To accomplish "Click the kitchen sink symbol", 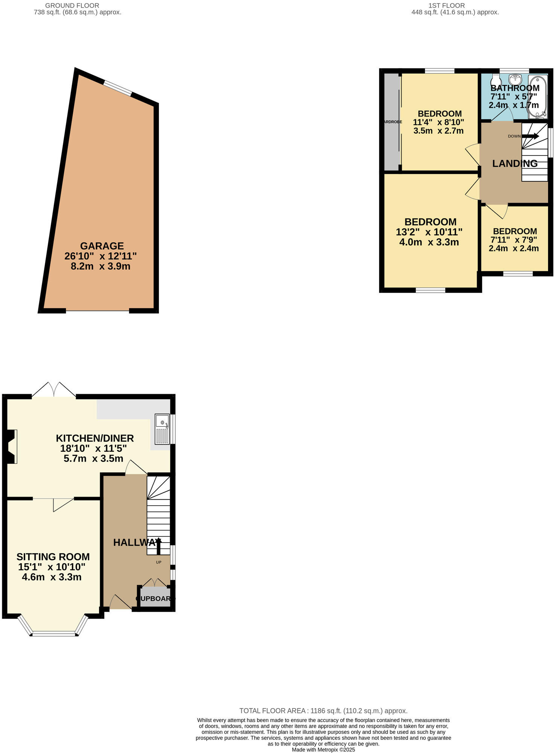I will (x=162, y=429).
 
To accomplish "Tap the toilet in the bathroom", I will (x=496, y=80).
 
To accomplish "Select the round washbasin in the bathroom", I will (x=515, y=79).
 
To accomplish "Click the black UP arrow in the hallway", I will (x=158, y=546).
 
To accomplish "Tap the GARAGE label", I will (x=102, y=246).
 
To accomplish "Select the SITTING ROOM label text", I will (x=53, y=556).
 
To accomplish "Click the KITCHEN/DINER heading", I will (x=95, y=438).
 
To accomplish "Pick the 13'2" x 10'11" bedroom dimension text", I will (x=429, y=232).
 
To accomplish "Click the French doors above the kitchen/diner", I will (x=54, y=390).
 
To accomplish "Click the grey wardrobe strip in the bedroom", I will (x=391, y=122).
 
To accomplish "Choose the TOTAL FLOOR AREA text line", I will (x=323, y=711).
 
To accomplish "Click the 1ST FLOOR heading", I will (x=446, y=6).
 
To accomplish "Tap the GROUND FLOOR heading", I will (x=72, y=6).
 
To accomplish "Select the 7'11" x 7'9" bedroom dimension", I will (x=513, y=240).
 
